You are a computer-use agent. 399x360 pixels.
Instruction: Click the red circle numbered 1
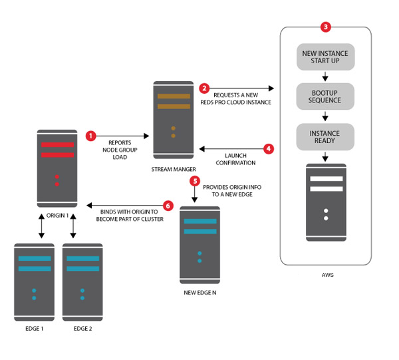coord(91,136)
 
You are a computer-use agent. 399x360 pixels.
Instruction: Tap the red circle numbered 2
coord(204,88)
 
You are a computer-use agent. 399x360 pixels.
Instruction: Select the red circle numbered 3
coord(325,27)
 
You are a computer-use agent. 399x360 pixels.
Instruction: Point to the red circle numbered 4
coord(269,149)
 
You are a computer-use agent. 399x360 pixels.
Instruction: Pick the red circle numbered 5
coord(194,180)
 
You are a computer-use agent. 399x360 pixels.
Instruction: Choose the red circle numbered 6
coord(168,206)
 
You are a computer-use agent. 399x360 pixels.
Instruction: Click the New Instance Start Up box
coord(325,57)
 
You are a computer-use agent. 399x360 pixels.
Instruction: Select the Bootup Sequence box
coord(325,96)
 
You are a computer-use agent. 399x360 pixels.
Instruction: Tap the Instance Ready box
coord(325,137)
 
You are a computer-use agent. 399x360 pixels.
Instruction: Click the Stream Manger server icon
coord(173,120)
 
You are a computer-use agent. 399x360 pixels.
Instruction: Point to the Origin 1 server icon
coord(57,168)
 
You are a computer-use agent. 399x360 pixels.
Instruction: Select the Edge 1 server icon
coord(34,282)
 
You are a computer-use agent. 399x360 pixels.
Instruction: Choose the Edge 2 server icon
coord(82,282)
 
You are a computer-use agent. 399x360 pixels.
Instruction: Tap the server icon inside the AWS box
coord(326,202)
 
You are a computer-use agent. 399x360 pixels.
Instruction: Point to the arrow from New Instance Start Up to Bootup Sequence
coord(325,76)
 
